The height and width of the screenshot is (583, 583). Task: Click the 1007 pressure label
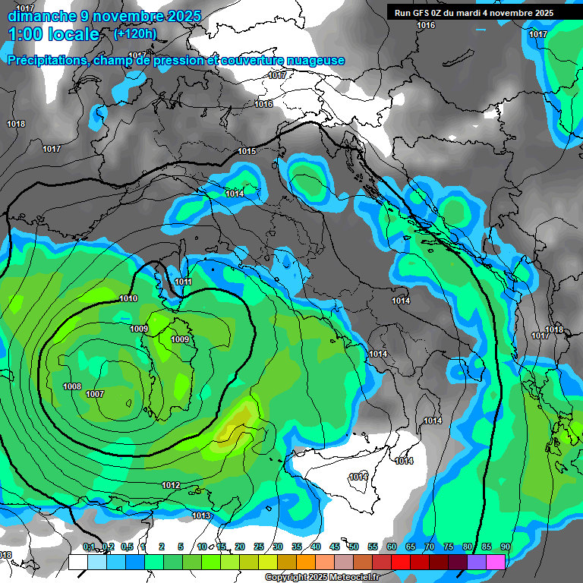pos(95,394)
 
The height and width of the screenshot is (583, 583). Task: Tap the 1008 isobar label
pos(72,386)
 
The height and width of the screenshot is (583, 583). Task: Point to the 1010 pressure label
pos(128,298)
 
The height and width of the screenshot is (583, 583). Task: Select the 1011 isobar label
pos(183,282)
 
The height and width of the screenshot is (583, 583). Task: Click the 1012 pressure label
pos(171,485)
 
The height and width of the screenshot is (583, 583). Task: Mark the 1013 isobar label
pos(201,515)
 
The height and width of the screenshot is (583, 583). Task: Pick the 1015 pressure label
pos(247,152)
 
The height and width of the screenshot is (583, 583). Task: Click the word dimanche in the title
pos(41,16)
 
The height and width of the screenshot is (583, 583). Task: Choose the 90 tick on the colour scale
pos(505,547)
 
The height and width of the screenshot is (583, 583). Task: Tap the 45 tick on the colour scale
pos(335,547)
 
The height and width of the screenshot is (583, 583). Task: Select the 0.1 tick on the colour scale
pos(89,547)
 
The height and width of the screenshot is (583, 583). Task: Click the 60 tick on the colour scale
pos(392,547)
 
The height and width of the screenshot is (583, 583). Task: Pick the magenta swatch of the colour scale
pos(496,562)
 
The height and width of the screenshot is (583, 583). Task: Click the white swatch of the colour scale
pos(78,562)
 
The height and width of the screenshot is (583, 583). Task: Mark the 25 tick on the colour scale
pos(259,547)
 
